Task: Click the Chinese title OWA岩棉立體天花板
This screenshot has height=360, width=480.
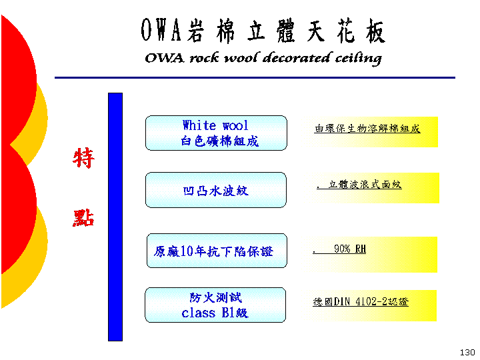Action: coord(263,31)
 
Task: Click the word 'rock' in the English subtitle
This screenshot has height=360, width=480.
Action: coord(204,58)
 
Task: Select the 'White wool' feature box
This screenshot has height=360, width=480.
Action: coord(216,133)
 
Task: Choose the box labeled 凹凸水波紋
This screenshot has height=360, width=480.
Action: coord(216,190)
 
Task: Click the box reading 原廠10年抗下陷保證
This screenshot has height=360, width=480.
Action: coord(217,251)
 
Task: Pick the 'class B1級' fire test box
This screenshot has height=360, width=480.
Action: coord(215,305)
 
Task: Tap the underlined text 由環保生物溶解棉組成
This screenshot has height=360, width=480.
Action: coord(367,129)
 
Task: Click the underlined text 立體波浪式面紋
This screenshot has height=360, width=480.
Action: coord(365,184)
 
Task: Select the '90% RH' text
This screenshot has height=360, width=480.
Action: coord(350,249)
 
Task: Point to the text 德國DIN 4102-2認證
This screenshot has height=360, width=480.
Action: coord(361,302)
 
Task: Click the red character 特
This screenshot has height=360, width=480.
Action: coord(83,157)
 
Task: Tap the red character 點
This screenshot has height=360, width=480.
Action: coord(83,217)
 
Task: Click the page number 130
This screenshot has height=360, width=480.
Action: coord(467,353)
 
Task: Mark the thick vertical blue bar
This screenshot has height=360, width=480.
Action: coord(115,217)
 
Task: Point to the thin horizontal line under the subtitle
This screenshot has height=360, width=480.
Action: coord(255,78)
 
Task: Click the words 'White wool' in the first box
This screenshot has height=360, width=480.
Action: coord(215,125)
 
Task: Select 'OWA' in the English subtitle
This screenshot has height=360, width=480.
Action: coord(165,58)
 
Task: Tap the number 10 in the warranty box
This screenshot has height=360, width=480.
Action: coord(187,251)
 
